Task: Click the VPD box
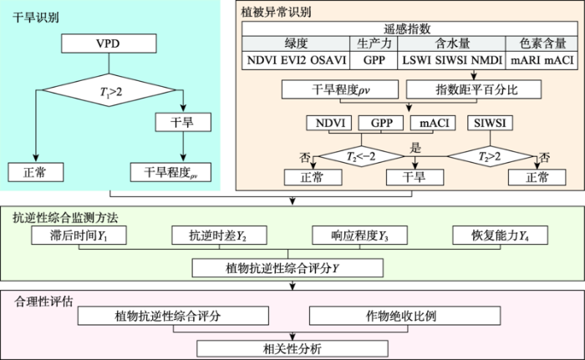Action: [109, 43]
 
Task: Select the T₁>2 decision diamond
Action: [109, 90]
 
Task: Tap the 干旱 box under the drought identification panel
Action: [183, 122]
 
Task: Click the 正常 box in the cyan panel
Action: [36, 172]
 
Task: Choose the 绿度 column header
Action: [296, 43]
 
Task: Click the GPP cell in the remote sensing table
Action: [374, 60]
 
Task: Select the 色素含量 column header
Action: [542, 43]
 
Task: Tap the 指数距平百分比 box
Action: [474, 89]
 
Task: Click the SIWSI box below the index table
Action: [490, 123]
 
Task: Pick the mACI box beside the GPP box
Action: [433, 123]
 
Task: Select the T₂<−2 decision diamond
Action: [361, 156]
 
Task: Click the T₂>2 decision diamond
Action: [490, 156]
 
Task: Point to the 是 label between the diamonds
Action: [415, 148]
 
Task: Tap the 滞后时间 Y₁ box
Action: [79, 235]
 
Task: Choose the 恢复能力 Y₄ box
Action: [500, 235]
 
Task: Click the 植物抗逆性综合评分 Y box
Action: [287, 268]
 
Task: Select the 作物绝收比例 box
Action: [404, 316]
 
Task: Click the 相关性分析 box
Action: [292, 348]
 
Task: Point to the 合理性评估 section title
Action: [43, 302]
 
